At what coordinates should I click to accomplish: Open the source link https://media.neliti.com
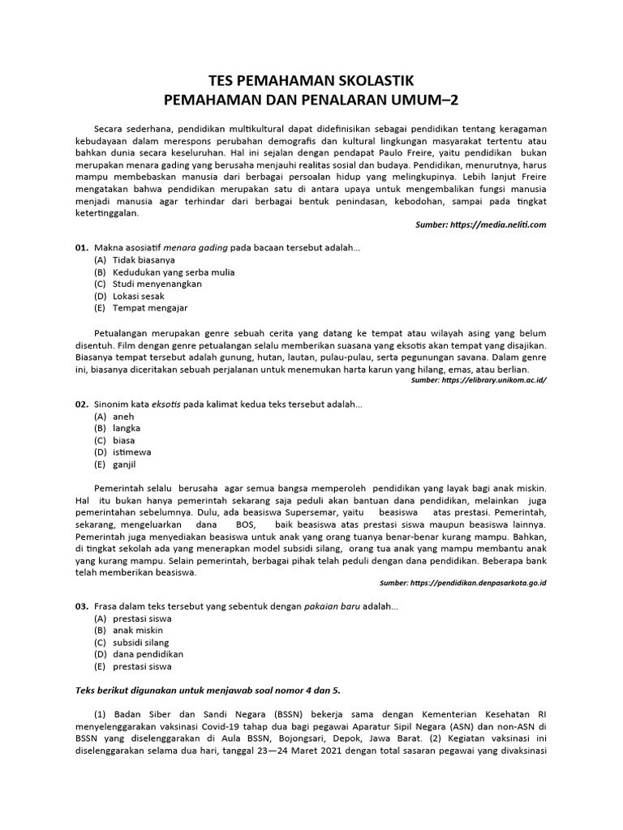click(503, 225)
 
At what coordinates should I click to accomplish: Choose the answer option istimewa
click(131, 451)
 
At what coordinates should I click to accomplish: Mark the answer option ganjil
click(124, 464)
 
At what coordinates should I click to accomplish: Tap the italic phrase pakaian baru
click(334, 606)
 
